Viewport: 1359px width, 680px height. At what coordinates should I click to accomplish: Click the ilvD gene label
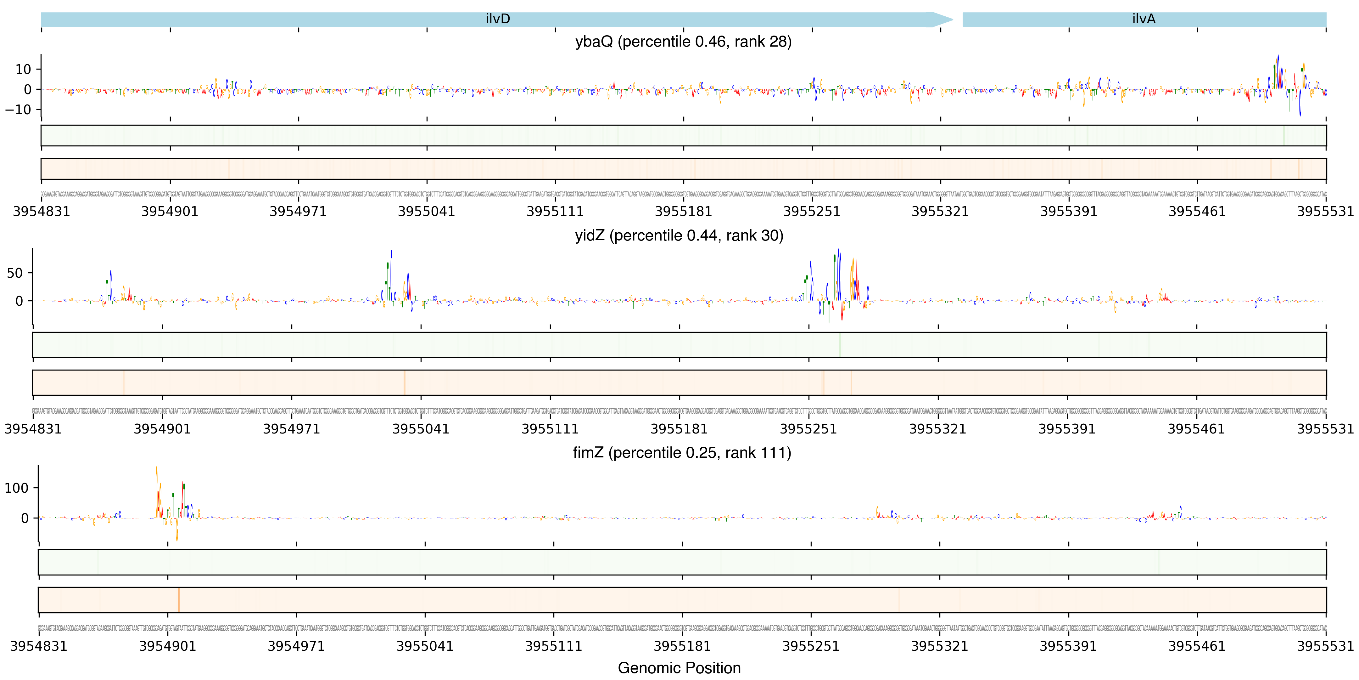click(x=497, y=19)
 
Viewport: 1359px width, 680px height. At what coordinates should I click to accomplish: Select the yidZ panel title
click(x=679, y=235)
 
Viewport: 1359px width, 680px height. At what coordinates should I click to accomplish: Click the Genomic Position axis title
click(x=679, y=668)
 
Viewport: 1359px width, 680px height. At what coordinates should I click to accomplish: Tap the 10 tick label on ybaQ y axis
click(x=23, y=69)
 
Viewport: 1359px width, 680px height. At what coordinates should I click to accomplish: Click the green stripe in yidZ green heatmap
click(x=840, y=345)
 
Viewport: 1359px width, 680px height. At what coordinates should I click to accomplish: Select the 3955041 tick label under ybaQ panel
click(x=426, y=212)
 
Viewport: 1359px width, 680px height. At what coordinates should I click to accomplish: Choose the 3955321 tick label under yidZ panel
click(x=937, y=429)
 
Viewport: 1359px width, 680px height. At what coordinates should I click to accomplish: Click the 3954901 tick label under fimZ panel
click(x=167, y=646)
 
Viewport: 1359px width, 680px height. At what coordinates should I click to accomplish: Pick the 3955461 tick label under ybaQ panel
click(x=1197, y=212)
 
